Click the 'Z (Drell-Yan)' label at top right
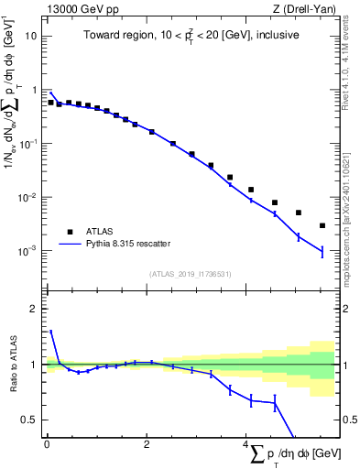click(x=303, y=9)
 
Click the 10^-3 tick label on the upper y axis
click(x=28, y=250)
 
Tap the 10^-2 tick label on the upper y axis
click(x=28, y=197)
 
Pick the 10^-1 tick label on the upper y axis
click(x=28, y=144)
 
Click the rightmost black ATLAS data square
click(x=322, y=225)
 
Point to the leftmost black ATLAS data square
click(x=50, y=103)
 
